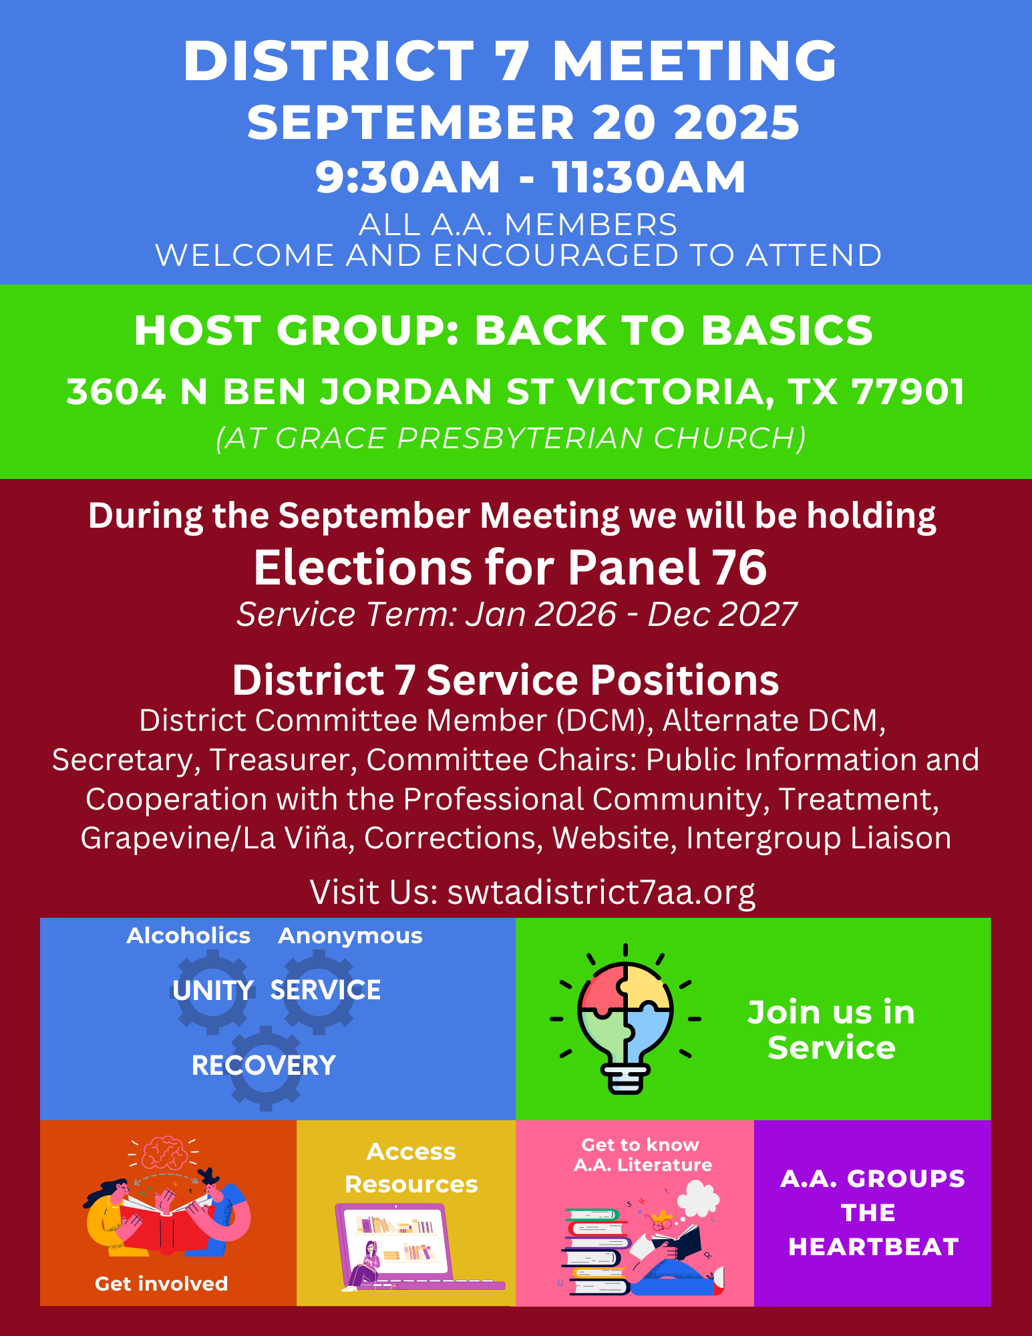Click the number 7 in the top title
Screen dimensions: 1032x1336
point(514,61)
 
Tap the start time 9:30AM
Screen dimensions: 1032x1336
point(407,178)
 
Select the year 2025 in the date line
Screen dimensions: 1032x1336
point(737,123)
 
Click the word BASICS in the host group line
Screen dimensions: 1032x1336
point(787,330)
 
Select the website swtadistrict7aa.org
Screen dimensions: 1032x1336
point(601,892)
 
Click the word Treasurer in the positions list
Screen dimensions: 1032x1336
point(283,760)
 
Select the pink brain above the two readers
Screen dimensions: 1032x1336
point(163,1152)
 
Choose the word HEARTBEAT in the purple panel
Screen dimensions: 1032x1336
point(873,1247)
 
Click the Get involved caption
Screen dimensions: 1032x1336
point(162,1284)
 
